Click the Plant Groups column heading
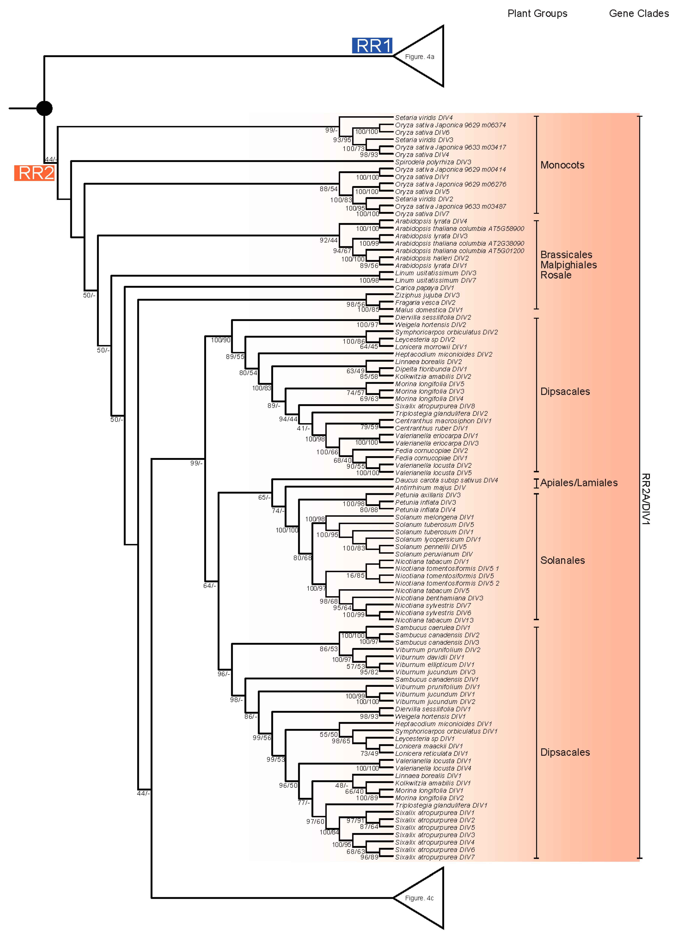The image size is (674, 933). [537, 14]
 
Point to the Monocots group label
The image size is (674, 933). [562, 165]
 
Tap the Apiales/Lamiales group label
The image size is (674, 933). [579, 483]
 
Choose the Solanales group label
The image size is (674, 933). [562, 560]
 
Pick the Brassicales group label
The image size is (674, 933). [566, 255]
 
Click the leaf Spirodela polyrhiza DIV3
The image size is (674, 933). [433, 162]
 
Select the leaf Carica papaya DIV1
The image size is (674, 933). [424, 288]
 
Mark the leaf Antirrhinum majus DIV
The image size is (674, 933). [430, 487]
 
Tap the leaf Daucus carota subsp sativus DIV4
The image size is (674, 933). [446, 480]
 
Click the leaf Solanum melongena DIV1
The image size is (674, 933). [434, 517]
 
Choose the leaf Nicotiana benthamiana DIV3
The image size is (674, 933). [439, 598]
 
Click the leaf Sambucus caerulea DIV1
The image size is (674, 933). [432, 628]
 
